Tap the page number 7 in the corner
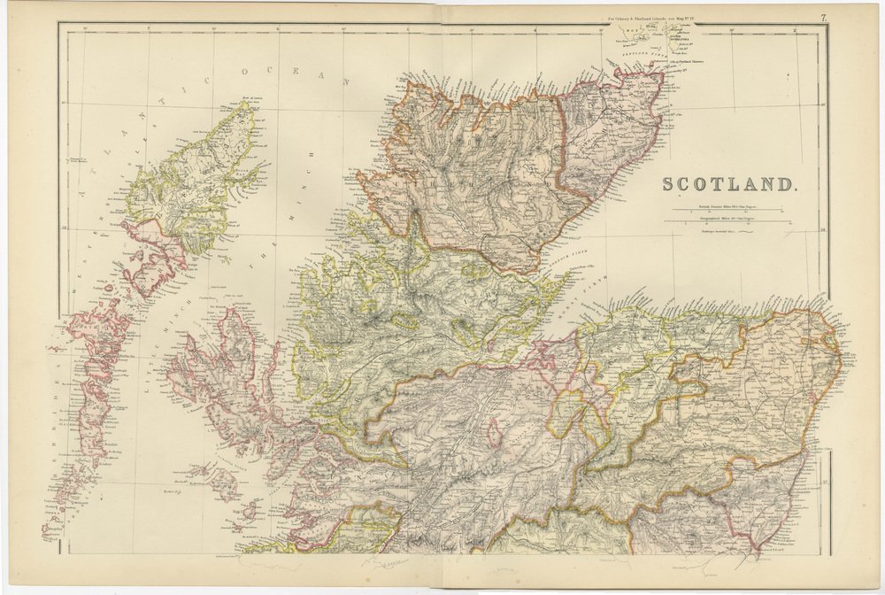pyautogui.click(x=823, y=18)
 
